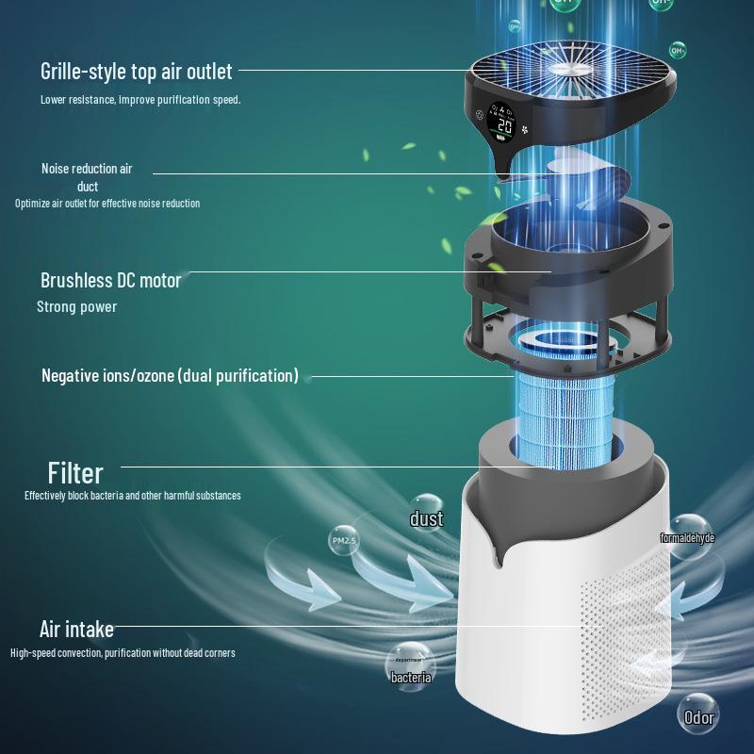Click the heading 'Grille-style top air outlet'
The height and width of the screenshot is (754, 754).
136,71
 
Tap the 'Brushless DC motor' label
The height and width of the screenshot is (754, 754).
110,280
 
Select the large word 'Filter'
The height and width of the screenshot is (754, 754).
75,471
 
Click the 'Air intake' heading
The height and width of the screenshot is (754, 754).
76,629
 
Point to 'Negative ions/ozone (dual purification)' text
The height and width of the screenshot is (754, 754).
170,375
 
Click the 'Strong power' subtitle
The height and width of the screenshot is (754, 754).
77,306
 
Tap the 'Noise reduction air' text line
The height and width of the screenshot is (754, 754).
87,169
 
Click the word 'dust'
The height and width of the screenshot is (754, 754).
426,518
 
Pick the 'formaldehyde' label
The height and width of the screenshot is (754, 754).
687,538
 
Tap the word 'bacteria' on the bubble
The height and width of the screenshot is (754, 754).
411,677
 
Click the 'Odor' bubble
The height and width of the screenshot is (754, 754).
699,717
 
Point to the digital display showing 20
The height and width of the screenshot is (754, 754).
503,125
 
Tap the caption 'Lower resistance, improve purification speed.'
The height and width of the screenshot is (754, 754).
140,99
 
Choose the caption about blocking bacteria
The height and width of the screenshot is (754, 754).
132,496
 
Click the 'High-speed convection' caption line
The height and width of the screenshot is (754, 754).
123,653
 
